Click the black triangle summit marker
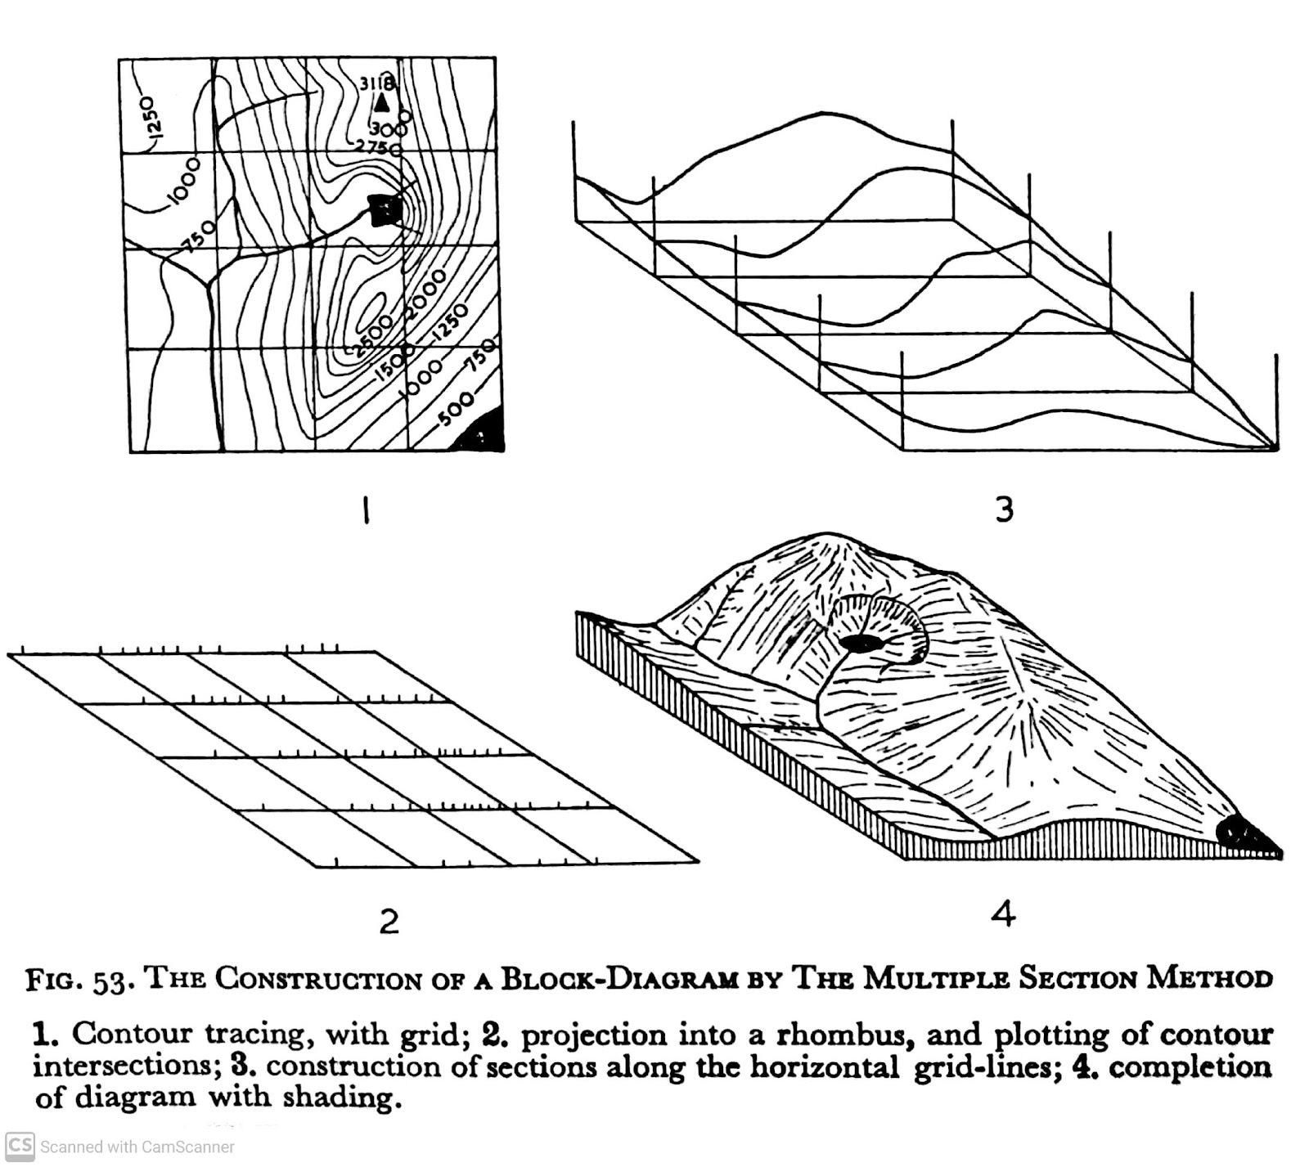[381, 102]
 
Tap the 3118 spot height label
[377, 83]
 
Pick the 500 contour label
[456, 408]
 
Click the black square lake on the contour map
[385, 210]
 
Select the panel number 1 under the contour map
[367, 513]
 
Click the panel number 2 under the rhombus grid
[389, 922]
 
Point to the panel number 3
[1004, 509]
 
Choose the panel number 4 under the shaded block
[1003, 913]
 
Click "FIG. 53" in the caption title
[78, 980]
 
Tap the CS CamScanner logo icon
[19, 1145]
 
